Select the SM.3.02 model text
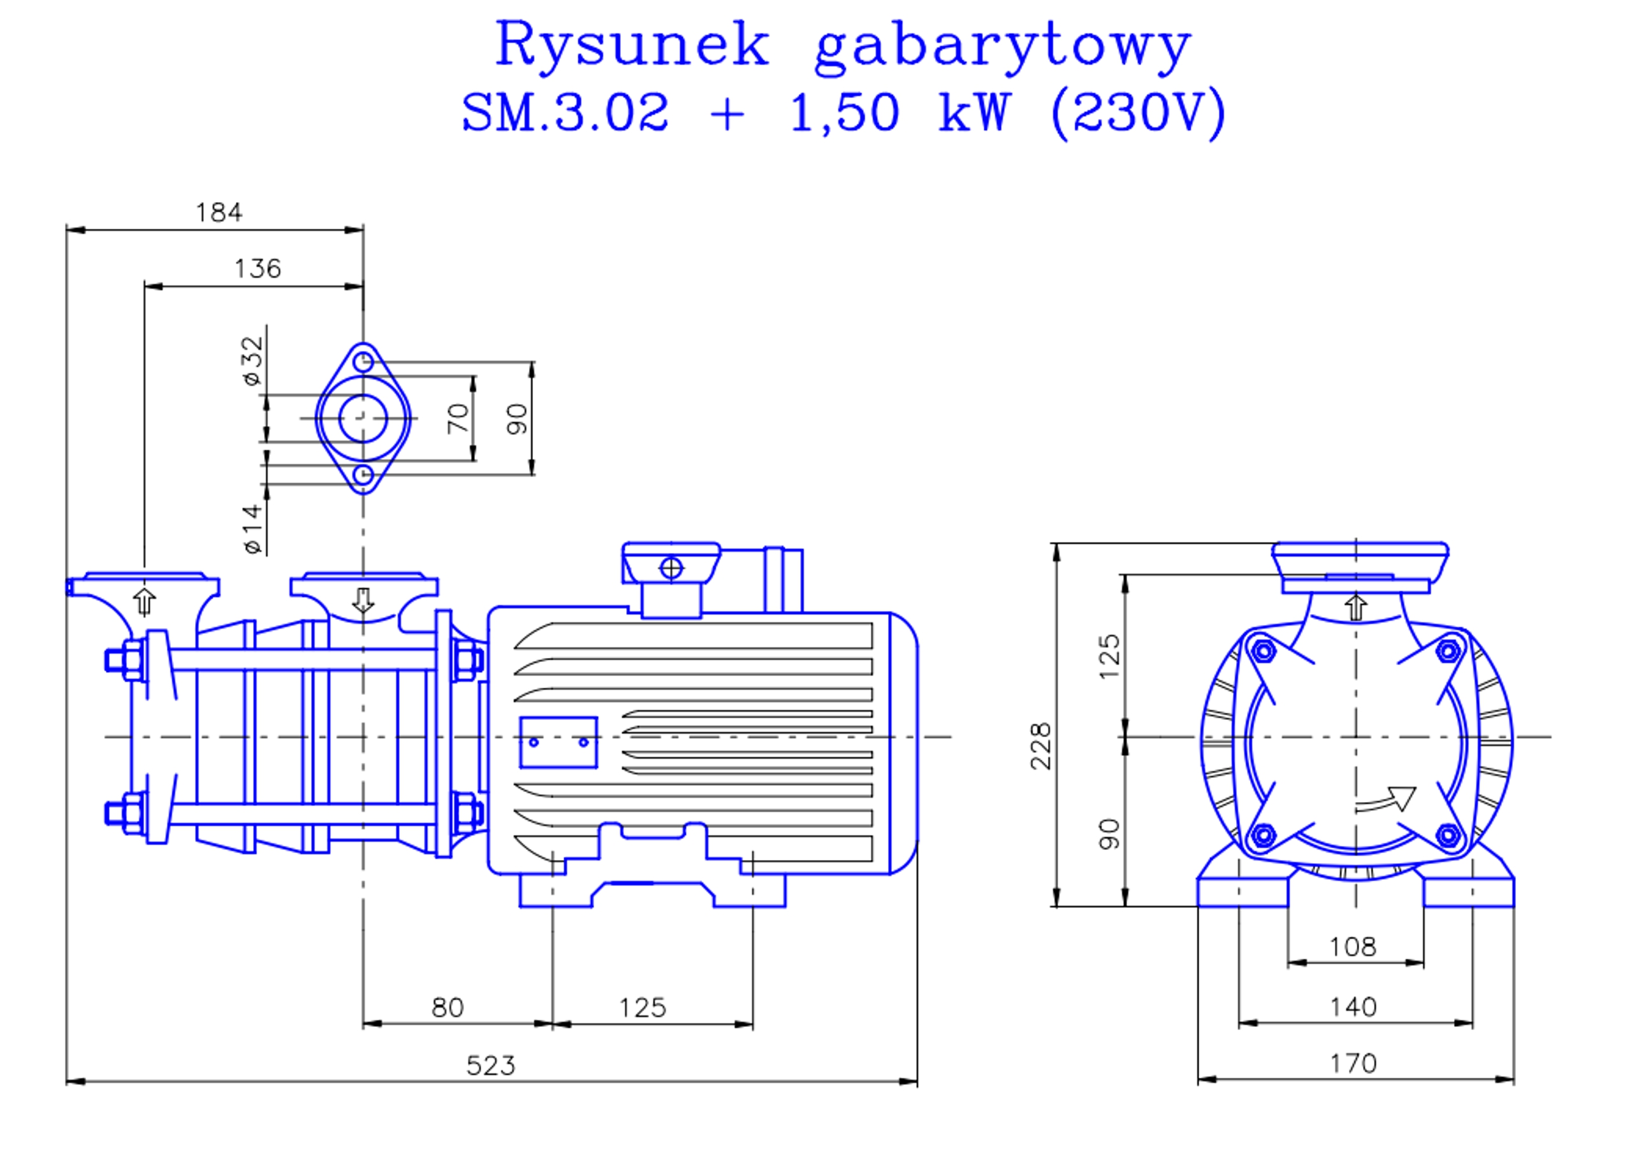(x=564, y=113)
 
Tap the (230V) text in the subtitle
(x=1137, y=113)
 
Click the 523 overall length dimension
(x=490, y=1065)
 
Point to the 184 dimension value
(x=219, y=213)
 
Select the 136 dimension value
(x=258, y=269)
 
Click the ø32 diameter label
(x=253, y=361)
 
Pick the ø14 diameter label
(x=252, y=529)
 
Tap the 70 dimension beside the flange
(x=458, y=419)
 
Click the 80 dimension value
(x=447, y=1008)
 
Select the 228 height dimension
(x=1040, y=747)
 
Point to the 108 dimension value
(x=1352, y=947)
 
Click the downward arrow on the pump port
(x=363, y=600)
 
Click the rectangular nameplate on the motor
(x=558, y=742)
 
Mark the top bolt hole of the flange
(x=364, y=361)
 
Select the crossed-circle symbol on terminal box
(x=671, y=568)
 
